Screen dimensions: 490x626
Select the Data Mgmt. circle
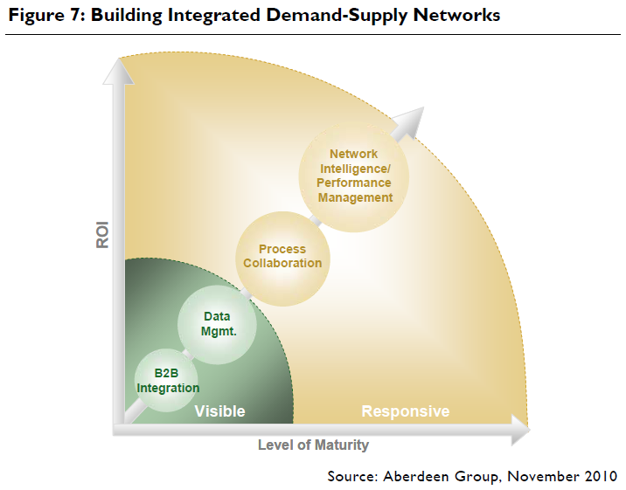(x=217, y=323)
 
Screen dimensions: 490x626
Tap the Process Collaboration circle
(x=282, y=256)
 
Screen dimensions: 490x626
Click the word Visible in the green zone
(x=219, y=411)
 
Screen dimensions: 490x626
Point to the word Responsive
(x=405, y=411)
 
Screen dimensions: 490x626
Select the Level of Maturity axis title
(x=313, y=445)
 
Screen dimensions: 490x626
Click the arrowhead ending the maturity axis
(x=519, y=430)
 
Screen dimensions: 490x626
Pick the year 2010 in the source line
(x=600, y=476)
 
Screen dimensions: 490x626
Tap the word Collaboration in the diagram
(x=282, y=263)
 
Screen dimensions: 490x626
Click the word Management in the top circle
(x=355, y=197)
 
